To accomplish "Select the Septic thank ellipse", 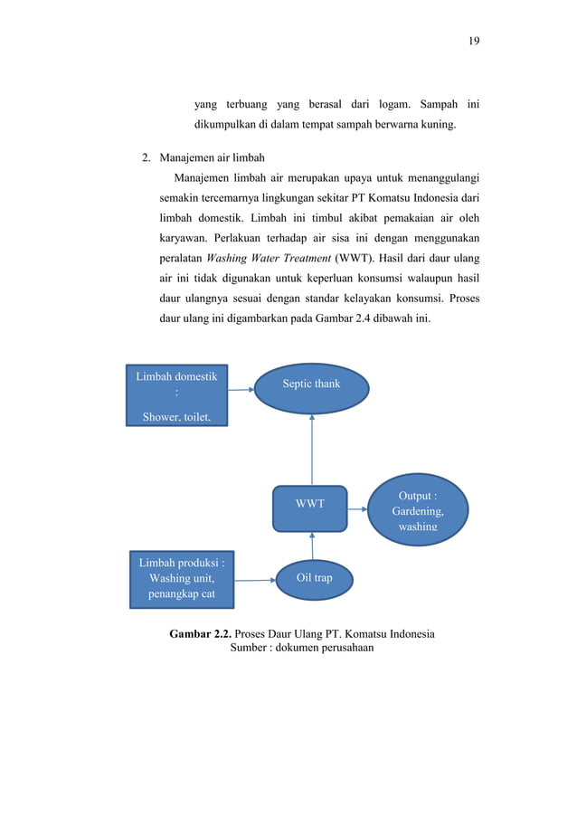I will point(311,384).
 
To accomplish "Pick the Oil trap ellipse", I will point(315,577).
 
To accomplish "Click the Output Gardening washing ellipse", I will point(417,510).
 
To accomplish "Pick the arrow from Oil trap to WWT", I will point(312,544).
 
